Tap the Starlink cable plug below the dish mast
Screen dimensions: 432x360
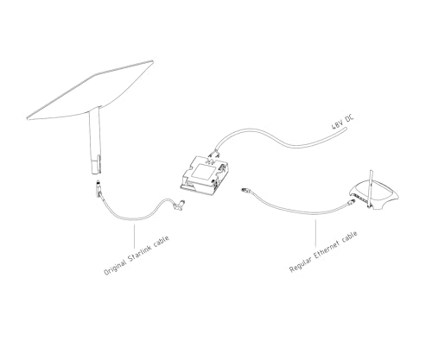tap(98, 187)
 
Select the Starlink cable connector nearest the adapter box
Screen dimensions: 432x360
tap(180, 205)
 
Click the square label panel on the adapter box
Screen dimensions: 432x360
tap(204, 172)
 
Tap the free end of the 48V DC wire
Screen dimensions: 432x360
tap(345, 129)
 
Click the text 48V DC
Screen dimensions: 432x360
tap(342, 122)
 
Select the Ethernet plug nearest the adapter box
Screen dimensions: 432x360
tap(245, 190)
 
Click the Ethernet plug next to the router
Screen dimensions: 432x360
tap(351, 201)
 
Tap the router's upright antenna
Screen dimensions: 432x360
tap(371, 188)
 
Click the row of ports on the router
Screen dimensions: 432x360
tap(360, 198)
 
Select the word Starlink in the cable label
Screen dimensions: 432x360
tap(140, 253)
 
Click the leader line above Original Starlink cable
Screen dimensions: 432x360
tap(134, 237)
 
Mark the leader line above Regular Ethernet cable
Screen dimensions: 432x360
tap(315, 233)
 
